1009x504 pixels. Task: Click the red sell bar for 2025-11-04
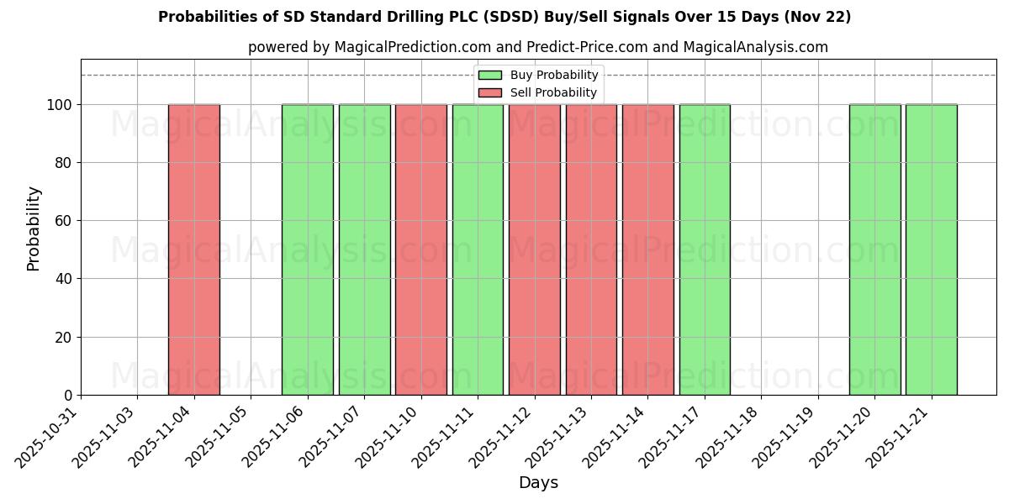tap(194, 249)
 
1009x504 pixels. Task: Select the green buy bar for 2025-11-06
tap(308, 249)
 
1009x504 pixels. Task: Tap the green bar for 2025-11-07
tap(364, 249)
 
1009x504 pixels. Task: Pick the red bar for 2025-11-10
tap(421, 249)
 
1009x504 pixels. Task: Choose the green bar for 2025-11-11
tap(478, 249)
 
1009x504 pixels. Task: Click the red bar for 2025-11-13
tap(591, 249)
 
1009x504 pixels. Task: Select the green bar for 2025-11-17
tap(705, 249)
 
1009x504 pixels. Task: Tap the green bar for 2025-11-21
tap(931, 249)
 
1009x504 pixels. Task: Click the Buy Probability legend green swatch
tap(489, 76)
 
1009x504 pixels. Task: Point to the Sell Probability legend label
tap(553, 93)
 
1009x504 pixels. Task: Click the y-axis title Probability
tap(34, 228)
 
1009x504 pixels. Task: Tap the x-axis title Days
tap(538, 483)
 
